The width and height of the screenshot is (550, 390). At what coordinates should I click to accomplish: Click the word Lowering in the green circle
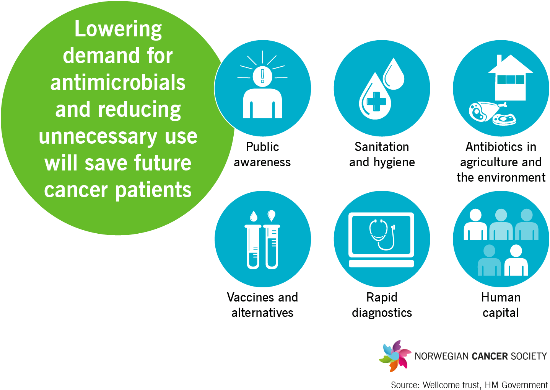point(118,29)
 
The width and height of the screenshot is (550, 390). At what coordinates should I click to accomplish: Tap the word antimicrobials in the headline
point(118,83)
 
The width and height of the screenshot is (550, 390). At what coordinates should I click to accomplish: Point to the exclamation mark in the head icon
point(262,75)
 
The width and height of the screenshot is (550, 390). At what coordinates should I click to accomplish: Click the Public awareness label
point(262,154)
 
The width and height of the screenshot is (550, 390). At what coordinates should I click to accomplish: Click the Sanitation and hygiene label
point(382,154)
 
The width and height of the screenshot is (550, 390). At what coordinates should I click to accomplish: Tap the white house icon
point(510,79)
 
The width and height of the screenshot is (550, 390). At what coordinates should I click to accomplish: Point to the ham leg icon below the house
point(483,111)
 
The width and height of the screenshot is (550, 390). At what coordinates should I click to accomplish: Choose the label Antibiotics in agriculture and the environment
point(501,162)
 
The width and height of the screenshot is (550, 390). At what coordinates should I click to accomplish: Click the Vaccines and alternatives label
point(262,305)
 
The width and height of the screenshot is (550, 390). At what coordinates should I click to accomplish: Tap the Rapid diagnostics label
point(382,305)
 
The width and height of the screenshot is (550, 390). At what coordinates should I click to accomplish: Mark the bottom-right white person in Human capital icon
point(516,261)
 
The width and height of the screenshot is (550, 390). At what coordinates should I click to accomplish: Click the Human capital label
point(501,305)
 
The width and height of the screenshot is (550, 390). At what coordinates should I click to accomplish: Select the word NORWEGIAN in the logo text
point(441,356)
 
